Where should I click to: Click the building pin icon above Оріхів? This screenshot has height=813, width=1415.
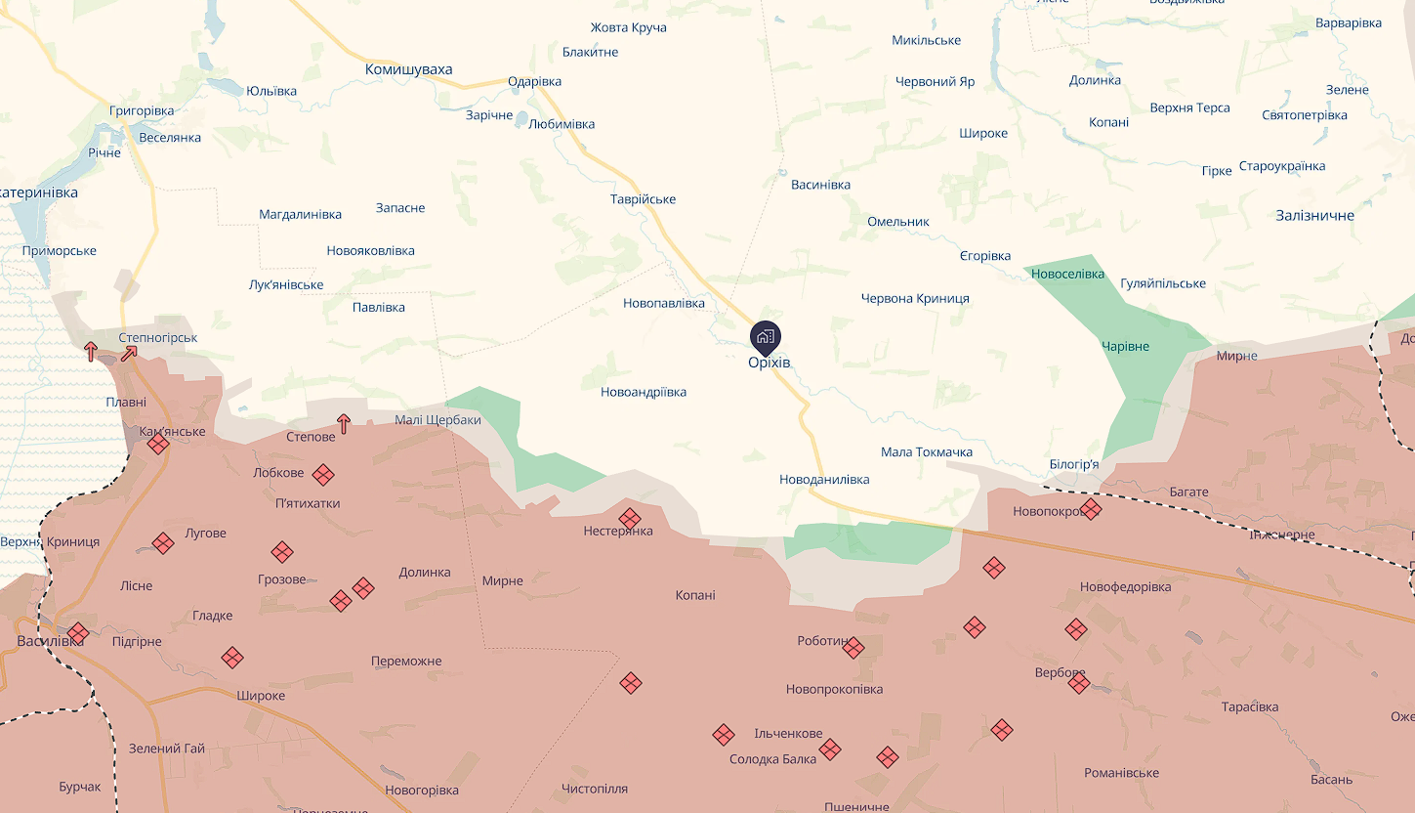click(x=765, y=337)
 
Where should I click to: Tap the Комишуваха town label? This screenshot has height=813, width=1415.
click(x=408, y=69)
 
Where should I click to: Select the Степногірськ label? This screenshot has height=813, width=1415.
click(x=158, y=338)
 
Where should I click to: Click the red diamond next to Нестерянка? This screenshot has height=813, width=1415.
click(x=630, y=518)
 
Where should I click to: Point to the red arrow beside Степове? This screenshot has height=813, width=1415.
click(x=344, y=423)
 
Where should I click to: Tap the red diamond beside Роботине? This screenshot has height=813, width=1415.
click(x=853, y=647)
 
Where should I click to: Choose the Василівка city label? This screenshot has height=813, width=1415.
click(x=43, y=641)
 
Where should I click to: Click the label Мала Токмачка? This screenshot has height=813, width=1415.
click(x=927, y=452)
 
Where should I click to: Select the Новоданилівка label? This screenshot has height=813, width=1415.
click(x=824, y=480)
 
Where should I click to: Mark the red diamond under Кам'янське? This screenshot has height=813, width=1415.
click(x=158, y=445)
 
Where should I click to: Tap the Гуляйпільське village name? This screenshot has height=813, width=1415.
click(x=1163, y=284)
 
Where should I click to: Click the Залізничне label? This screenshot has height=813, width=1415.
click(x=1314, y=215)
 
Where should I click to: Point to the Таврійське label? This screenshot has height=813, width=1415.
click(x=643, y=199)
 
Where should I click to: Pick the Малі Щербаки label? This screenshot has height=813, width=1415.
click(x=437, y=420)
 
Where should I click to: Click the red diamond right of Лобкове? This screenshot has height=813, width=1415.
click(x=323, y=475)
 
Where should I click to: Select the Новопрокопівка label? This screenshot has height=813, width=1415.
click(x=834, y=689)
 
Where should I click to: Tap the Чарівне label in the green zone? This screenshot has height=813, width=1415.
click(x=1125, y=347)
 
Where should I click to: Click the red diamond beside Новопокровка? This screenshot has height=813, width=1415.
click(x=1091, y=509)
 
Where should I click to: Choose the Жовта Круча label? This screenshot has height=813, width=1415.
click(x=629, y=27)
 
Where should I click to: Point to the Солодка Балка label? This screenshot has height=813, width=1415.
click(x=772, y=759)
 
